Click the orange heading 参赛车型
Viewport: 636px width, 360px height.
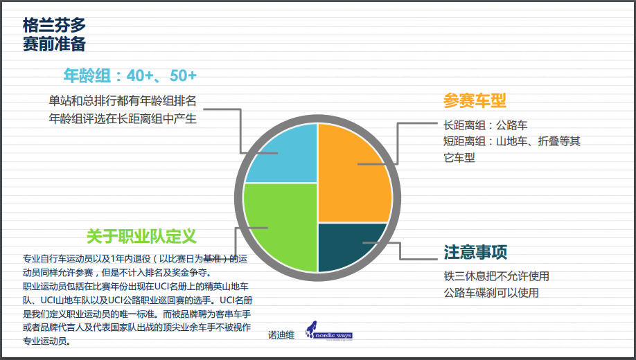(x=475, y=100)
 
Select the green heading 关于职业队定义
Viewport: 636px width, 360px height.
(x=141, y=236)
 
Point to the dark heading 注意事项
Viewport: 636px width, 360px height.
(x=475, y=252)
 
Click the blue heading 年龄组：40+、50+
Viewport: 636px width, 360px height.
(x=130, y=76)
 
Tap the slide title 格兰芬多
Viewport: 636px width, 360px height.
(x=54, y=25)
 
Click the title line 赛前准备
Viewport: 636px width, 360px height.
(x=54, y=44)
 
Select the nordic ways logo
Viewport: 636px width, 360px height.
(x=329, y=331)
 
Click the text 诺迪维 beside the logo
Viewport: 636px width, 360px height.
(x=281, y=335)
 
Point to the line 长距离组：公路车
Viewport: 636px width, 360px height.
(x=485, y=125)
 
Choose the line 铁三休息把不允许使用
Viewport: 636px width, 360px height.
(x=497, y=276)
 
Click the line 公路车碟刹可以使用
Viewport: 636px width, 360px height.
(x=491, y=293)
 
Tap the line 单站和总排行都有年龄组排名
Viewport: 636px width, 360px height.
(x=123, y=100)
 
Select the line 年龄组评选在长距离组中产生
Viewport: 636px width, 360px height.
(x=123, y=119)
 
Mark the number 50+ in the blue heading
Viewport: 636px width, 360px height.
(x=184, y=76)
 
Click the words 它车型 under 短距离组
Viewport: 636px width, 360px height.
(x=459, y=158)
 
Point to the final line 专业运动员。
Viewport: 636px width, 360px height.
(x=47, y=341)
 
